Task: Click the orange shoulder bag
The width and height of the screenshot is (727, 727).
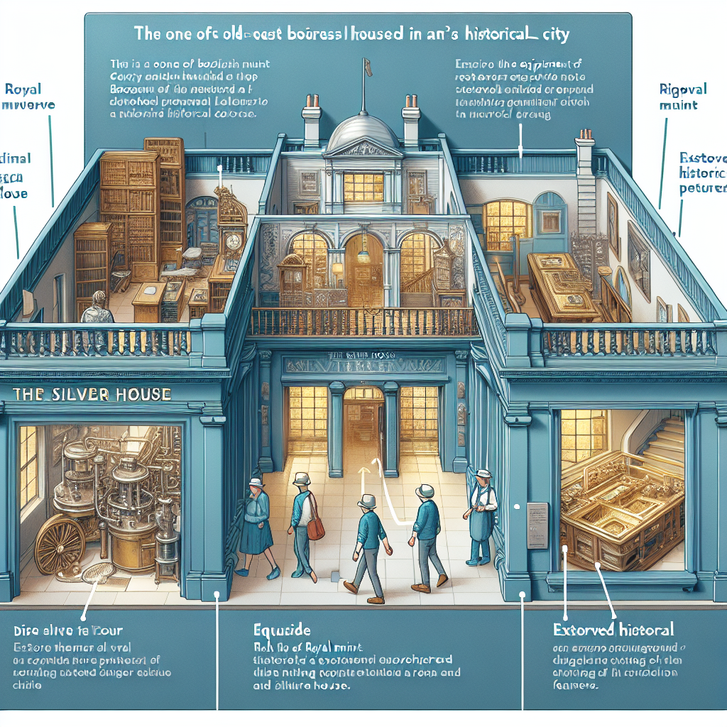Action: click(316, 525)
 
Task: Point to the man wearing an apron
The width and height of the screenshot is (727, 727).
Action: click(482, 515)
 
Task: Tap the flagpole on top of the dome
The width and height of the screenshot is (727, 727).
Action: click(362, 85)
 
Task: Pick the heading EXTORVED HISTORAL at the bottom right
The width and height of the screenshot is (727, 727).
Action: click(614, 629)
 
